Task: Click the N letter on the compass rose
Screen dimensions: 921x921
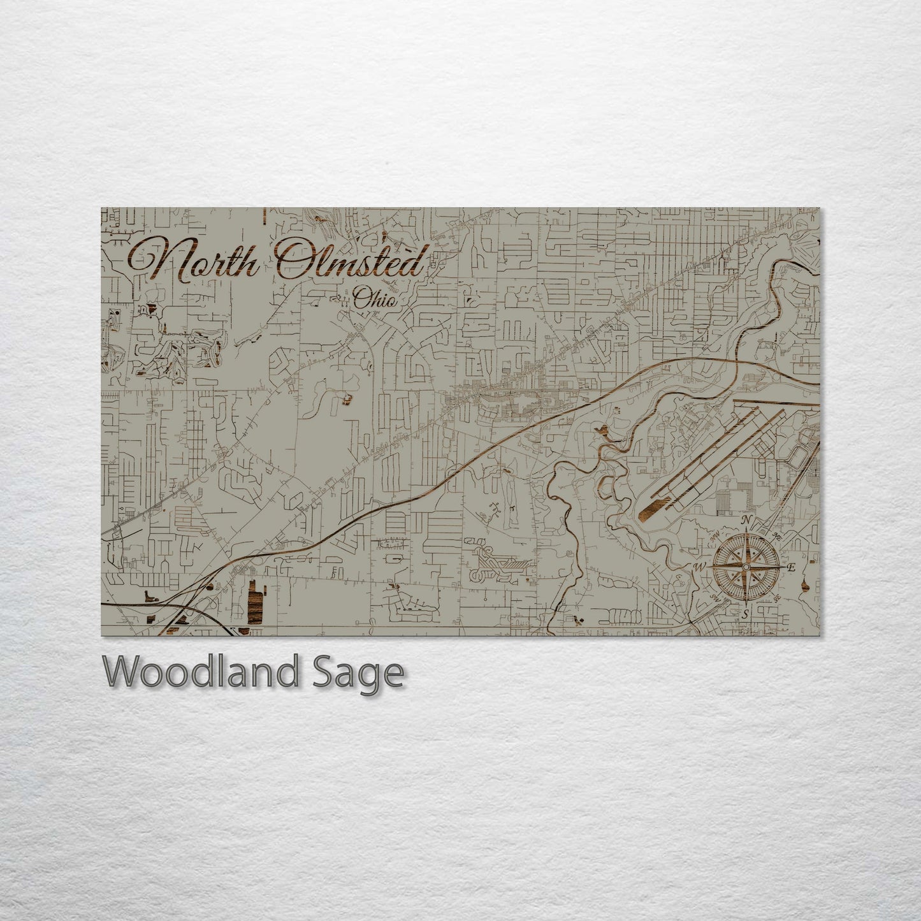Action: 746,521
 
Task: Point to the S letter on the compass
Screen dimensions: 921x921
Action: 743,614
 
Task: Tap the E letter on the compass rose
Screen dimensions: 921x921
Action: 791,568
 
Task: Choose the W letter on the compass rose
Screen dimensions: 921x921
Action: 699,567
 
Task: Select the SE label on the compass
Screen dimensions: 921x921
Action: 776,598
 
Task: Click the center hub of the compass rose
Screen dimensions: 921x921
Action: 744,566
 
